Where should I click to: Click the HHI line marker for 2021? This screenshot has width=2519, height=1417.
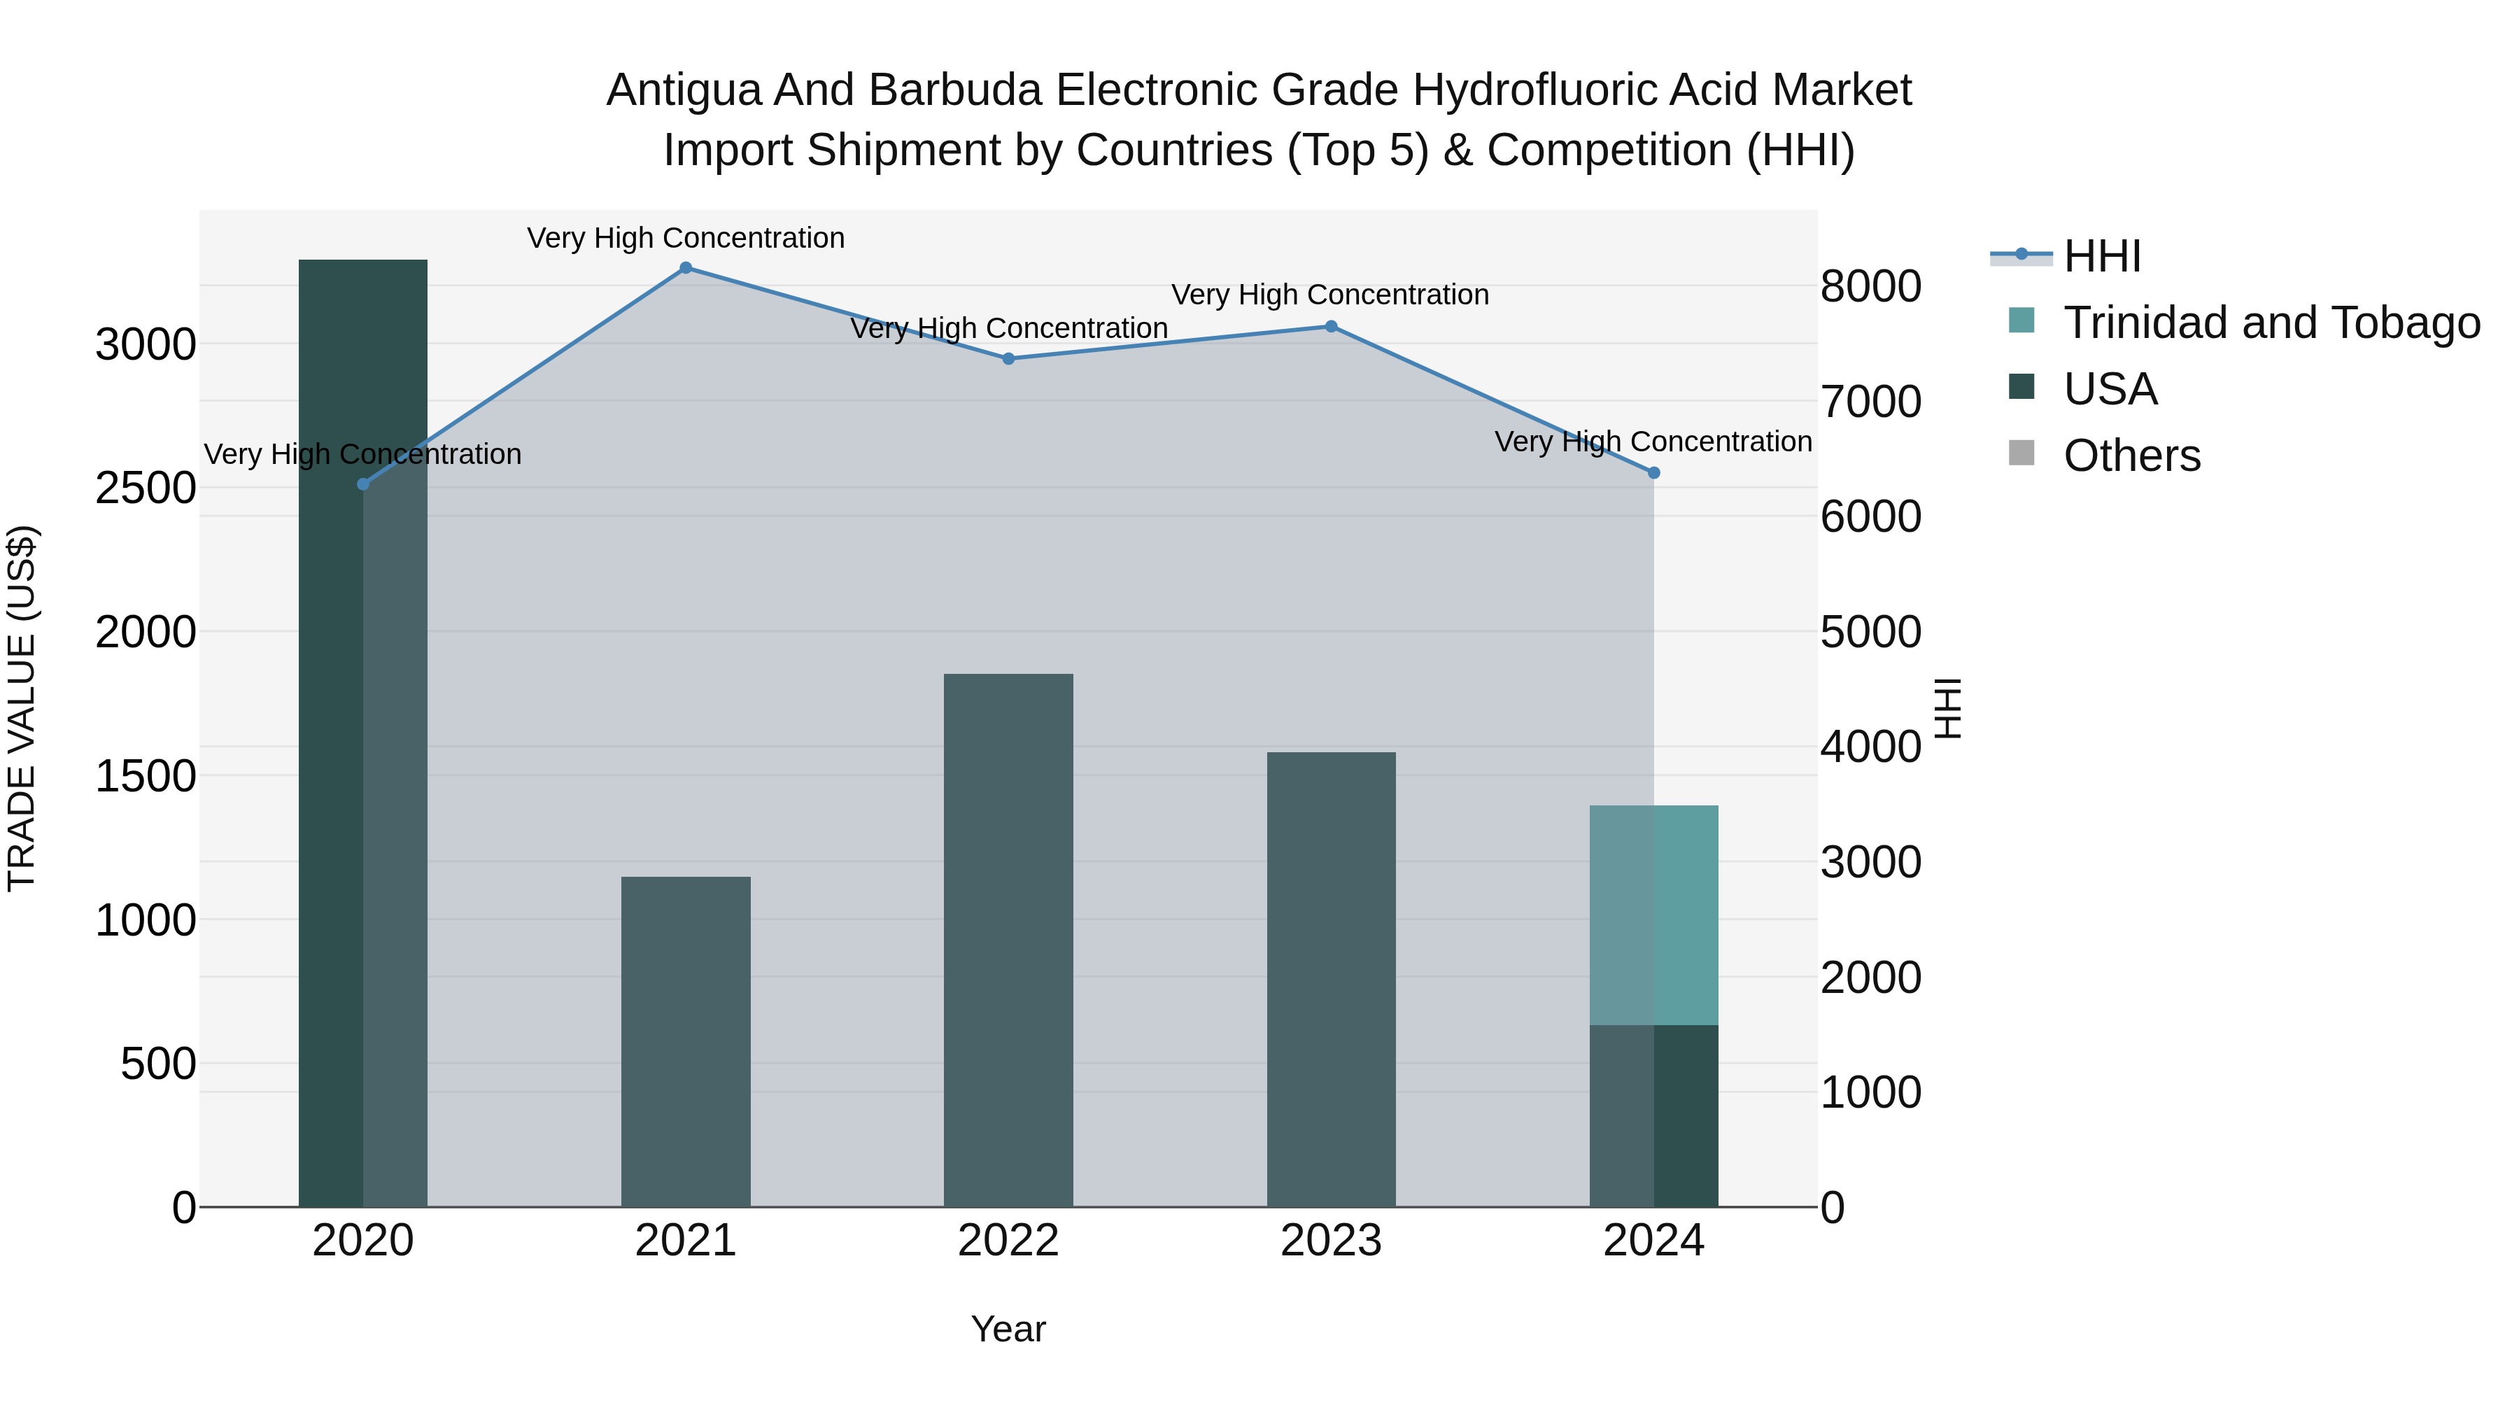coord(686,268)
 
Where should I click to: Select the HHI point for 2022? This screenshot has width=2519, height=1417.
coord(1008,359)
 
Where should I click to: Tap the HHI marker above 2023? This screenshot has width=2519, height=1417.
coord(1331,327)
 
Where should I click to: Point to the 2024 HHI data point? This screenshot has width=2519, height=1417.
coord(1653,473)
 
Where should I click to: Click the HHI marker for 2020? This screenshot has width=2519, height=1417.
coord(362,484)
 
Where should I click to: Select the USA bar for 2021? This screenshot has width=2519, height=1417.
coord(686,1041)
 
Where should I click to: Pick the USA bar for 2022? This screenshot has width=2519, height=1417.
coord(1008,940)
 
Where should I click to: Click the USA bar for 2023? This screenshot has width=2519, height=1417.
coord(1331,979)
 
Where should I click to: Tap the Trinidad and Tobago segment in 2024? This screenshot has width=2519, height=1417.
coord(1653,915)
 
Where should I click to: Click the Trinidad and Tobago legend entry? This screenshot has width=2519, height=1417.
coord(2271,323)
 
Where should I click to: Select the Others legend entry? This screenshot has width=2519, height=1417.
coord(2132,456)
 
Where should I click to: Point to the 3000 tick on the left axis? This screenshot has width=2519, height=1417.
coord(146,345)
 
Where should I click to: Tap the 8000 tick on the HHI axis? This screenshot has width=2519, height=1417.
coord(1870,288)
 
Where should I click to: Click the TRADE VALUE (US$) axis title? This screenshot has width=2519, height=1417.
coord(22,708)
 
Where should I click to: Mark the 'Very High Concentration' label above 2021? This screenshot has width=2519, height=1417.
coord(686,239)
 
